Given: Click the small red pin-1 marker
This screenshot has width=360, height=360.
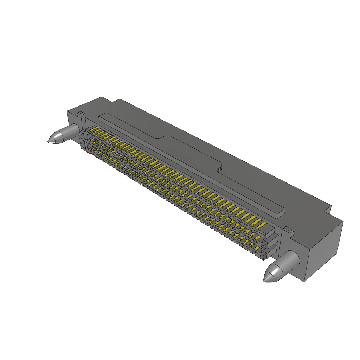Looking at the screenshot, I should pyautogui.click(x=87, y=152).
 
